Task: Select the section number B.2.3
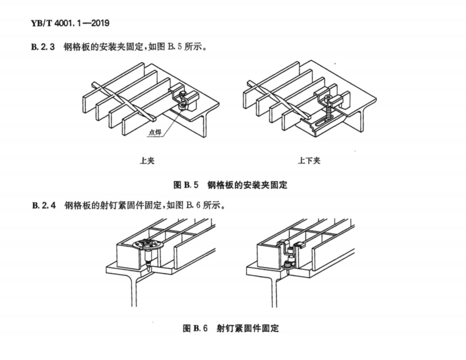(43, 47)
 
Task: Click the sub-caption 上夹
(147, 161)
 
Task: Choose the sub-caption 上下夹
(309, 161)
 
